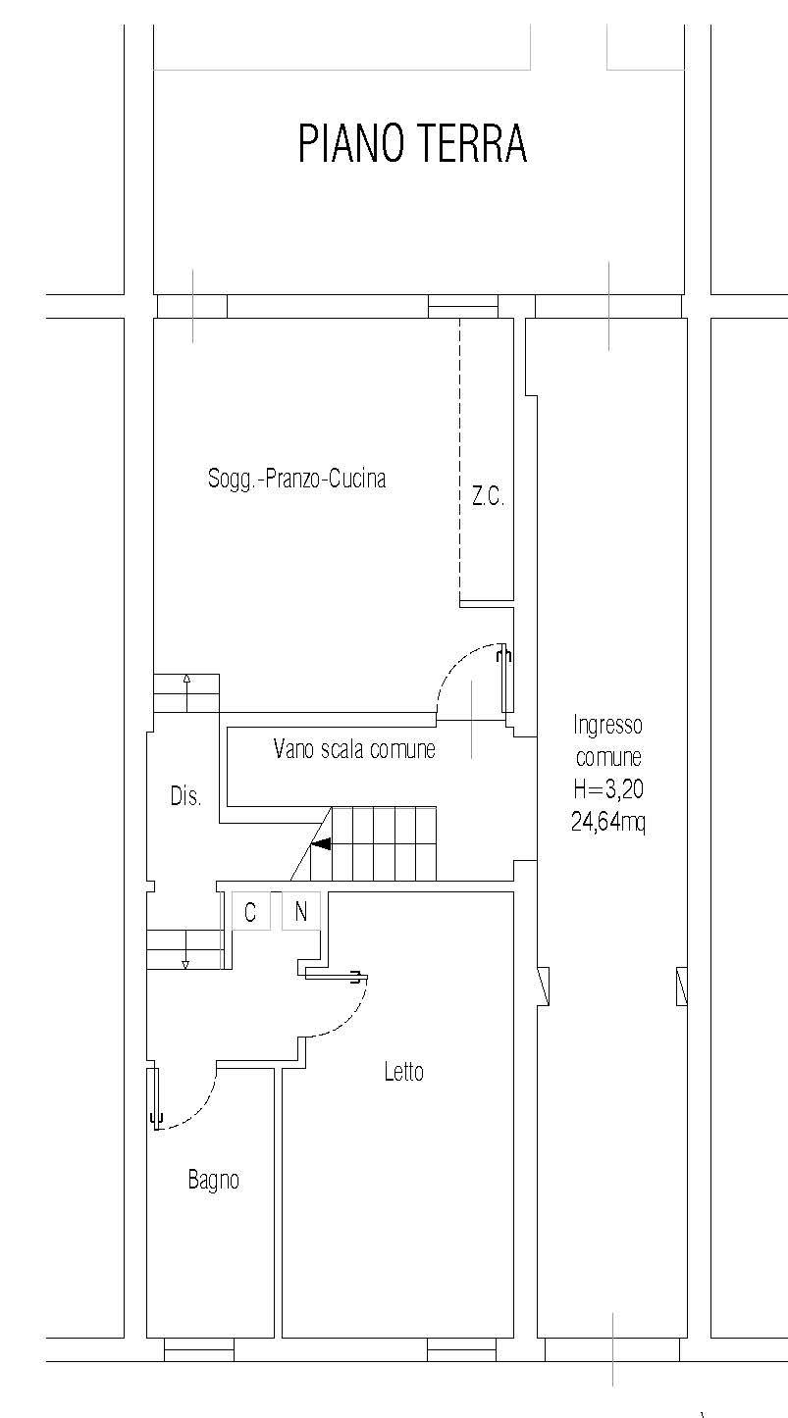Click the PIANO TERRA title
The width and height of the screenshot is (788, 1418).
(x=412, y=144)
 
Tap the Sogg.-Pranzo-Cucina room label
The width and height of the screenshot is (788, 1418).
(x=297, y=479)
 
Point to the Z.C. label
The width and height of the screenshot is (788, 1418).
(x=488, y=496)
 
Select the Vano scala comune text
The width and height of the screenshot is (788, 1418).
(x=354, y=749)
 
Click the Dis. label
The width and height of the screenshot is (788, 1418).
(x=185, y=795)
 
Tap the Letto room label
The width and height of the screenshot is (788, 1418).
(x=403, y=1072)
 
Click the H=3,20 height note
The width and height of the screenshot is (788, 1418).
(x=608, y=788)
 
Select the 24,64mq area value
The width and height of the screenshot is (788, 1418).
(x=608, y=822)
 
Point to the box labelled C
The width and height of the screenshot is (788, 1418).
(x=250, y=912)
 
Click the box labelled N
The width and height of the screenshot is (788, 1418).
(x=301, y=912)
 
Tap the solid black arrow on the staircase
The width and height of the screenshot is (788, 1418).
(x=321, y=843)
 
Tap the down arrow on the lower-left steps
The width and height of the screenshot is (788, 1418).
(x=185, y=949)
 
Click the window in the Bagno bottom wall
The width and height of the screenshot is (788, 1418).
(x=199, y=1350)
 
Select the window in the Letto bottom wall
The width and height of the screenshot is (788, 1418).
(x=462, y=1350)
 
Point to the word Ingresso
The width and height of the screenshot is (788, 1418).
(x=608, y=725)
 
